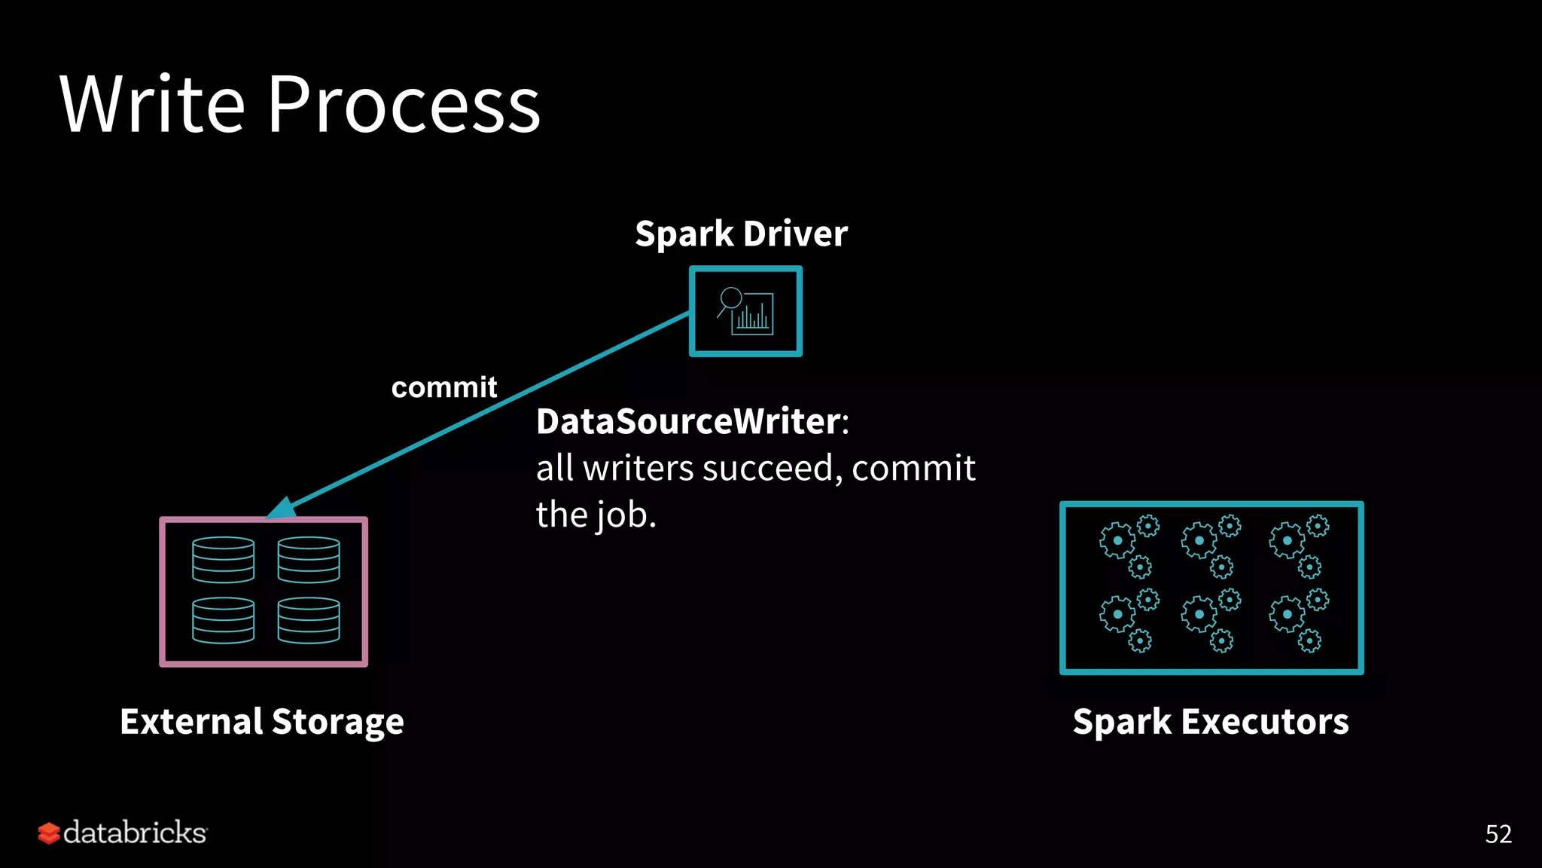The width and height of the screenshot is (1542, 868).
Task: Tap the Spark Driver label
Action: pos(741,234)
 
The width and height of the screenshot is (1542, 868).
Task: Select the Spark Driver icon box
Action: pos(745,311)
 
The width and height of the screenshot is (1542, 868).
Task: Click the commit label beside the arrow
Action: pos(444,387)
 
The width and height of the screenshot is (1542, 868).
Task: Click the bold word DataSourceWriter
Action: pos(688,421)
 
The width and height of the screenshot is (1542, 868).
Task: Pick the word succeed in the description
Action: pos(772,468)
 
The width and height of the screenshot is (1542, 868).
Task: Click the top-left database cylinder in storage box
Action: pos(223,560)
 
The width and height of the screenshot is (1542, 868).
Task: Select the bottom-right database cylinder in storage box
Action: pos(309,620)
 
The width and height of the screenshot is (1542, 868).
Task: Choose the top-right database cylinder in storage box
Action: pos(309,560)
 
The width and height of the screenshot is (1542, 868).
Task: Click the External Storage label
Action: pos(262,722)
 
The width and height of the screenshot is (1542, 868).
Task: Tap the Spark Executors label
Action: pos(1211,722)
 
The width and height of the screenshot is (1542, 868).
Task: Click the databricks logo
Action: pos(123,833)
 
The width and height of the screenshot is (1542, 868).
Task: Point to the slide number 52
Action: pos(1498,834)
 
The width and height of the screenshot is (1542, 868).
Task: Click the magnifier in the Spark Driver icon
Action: pos(730,299)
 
